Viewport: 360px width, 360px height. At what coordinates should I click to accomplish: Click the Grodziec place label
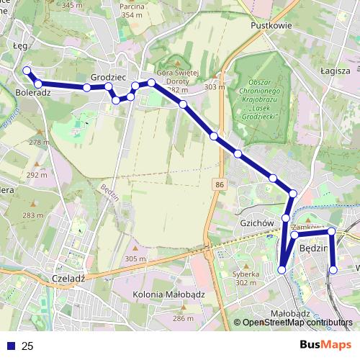coord(109,76)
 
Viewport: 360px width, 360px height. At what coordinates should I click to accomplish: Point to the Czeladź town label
coord(70,277)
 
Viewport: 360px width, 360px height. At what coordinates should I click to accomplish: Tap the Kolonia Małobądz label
coord(169,294)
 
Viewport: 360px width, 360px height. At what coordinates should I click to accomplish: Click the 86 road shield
coord(218,186)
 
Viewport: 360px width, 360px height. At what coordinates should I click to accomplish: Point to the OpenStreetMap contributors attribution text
coord(297,323)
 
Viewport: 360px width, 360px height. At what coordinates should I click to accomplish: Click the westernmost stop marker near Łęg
coord(27,71)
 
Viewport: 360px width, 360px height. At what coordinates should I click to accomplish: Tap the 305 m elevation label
coord(135,258)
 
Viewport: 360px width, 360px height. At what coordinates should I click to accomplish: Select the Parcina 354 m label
coord(132,10)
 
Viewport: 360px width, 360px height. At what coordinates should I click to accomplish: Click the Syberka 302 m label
coord(245,278)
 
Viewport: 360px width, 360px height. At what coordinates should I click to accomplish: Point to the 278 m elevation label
coord(39,143)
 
